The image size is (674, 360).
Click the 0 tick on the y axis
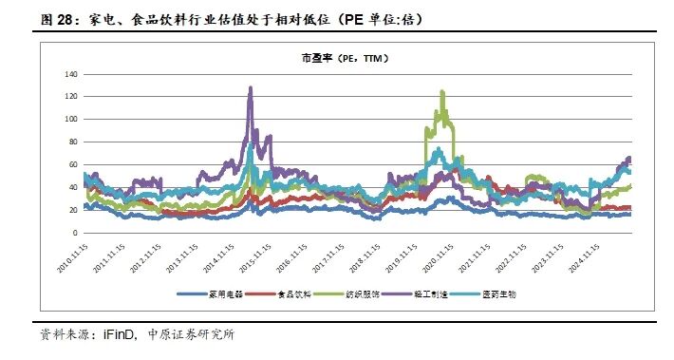[76, 234]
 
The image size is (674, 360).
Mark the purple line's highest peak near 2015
[251, 87]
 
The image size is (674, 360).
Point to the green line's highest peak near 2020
[442, 91]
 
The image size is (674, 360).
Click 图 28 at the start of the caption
[40, 19]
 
